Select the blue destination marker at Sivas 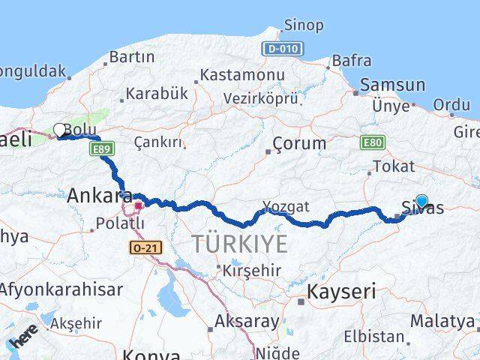421,200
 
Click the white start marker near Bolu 59,130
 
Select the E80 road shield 372,142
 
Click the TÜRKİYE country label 239,244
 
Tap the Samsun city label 392,85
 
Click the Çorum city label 300,142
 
